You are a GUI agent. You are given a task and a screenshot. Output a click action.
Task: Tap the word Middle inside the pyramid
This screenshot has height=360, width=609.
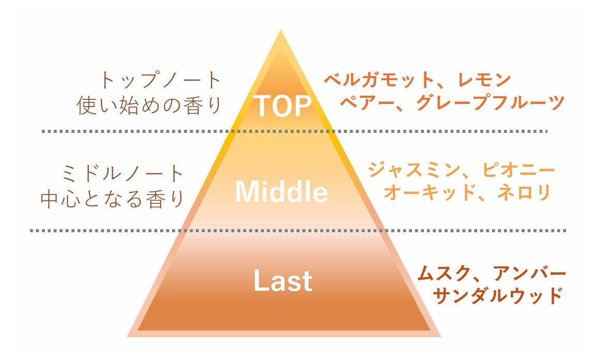(281, 192)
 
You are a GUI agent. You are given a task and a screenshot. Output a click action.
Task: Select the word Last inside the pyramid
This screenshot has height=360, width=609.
(283, 281)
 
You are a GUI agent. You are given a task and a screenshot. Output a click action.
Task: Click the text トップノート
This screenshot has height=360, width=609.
(160, 81)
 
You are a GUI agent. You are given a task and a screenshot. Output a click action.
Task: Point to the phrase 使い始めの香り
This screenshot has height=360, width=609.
(149, 106)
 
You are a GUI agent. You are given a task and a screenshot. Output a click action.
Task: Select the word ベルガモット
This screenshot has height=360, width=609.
(379, 80)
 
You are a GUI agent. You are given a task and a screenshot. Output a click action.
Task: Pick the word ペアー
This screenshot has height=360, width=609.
(364, 102)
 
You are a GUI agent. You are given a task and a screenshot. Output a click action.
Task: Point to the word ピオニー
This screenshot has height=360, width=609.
(519, 170)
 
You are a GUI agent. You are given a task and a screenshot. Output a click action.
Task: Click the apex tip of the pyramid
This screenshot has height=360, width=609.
(281, 31)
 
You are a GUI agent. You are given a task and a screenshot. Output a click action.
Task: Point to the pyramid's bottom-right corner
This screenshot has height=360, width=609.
(440, 336)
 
